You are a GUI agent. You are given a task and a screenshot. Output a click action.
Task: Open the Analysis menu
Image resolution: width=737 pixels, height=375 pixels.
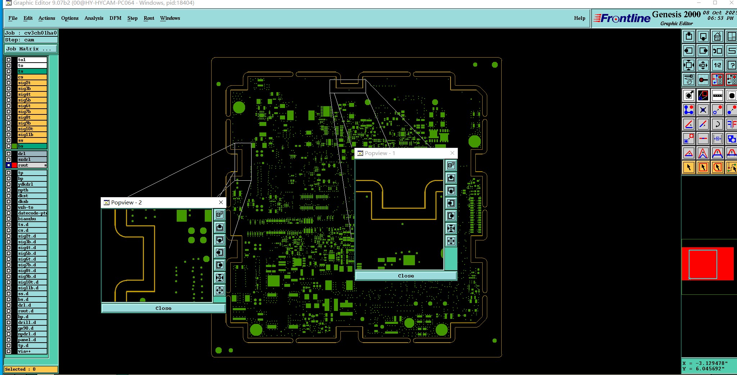point(94,18)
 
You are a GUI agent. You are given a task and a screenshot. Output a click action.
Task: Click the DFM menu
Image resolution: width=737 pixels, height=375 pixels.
point(115,18)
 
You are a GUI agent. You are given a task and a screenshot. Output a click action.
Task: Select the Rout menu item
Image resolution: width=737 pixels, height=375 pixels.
point(149,18)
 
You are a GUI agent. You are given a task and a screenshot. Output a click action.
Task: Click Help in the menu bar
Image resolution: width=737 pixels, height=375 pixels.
point(579,18)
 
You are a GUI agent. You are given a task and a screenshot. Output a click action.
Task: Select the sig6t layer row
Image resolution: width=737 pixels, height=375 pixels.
point(32,106)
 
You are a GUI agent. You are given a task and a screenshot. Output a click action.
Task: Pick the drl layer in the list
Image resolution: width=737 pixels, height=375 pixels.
point(32,154)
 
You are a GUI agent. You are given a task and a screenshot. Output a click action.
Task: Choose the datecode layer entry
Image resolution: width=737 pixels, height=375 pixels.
point(32,213)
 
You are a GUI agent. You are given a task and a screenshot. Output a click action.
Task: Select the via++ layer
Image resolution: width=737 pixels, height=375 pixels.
point(32,351)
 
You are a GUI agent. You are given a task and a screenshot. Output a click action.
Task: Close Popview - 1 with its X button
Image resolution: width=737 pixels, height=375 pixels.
point(452,153)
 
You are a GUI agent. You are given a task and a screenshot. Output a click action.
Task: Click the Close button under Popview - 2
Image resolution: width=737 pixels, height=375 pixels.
point(163,308)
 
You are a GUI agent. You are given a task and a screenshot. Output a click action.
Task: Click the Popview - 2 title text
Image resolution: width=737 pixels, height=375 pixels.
point(126,203)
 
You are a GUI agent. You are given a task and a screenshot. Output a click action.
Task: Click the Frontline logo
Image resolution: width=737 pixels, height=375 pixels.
point(622,18)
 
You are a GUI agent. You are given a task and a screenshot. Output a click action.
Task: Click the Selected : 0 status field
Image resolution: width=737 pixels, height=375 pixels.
point(31,369)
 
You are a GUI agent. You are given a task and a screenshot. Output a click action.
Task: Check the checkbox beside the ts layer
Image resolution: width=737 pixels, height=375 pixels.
point(9,71)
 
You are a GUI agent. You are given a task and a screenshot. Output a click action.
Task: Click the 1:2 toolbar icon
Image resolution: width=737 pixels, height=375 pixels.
point(718,65)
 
